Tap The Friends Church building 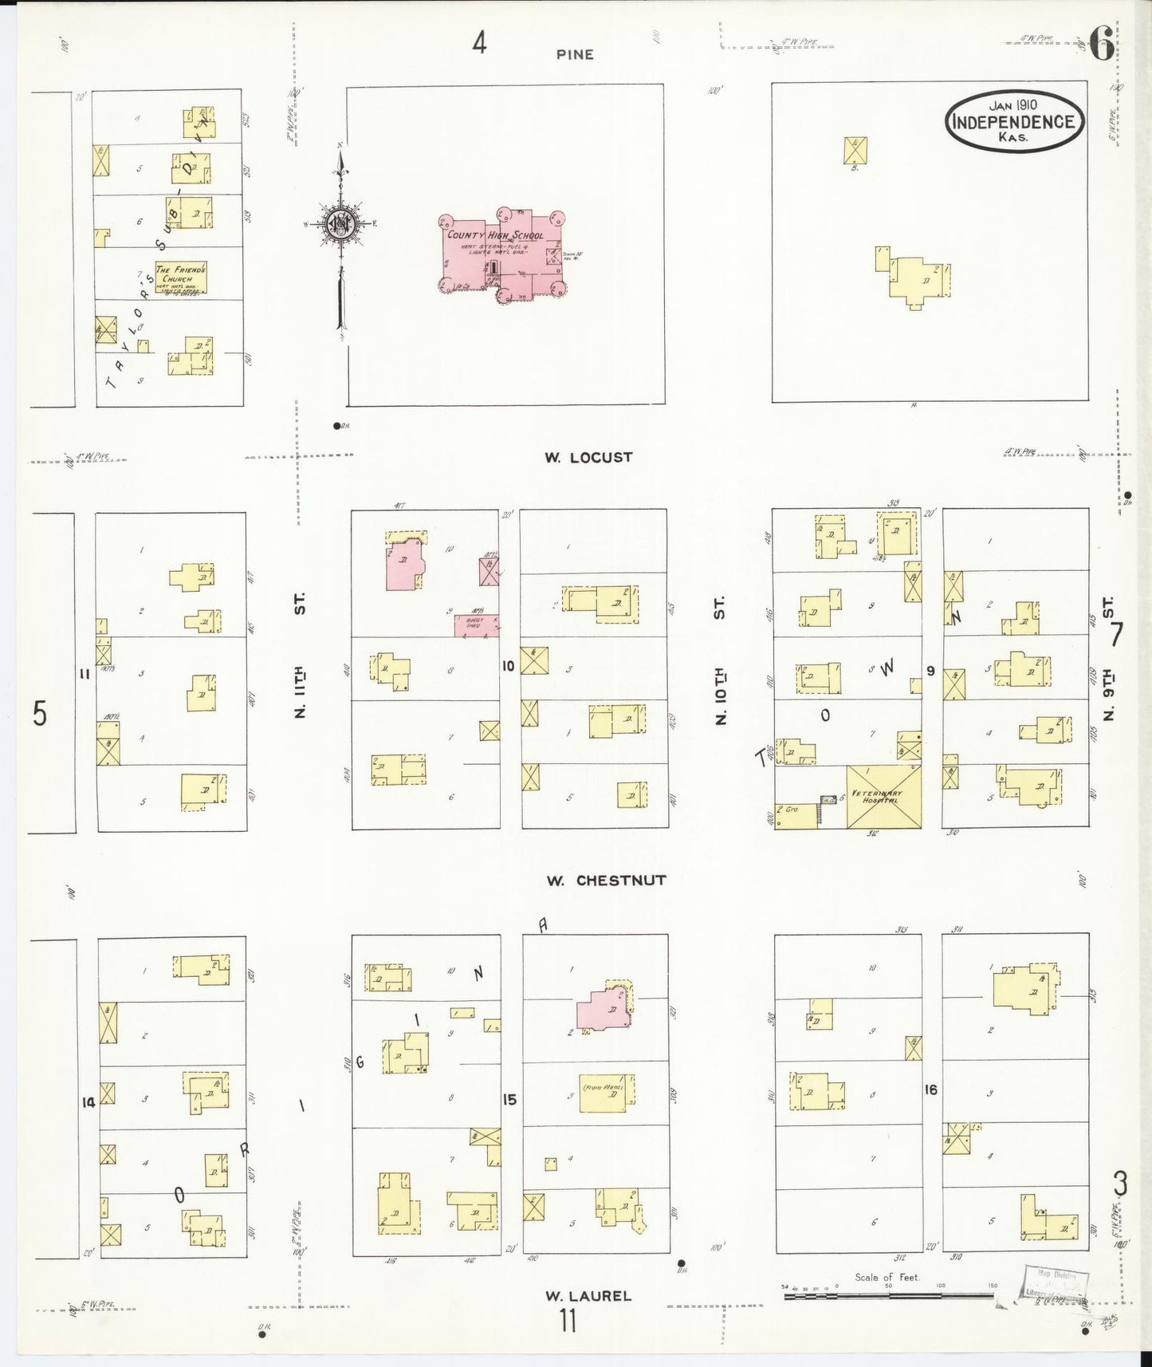181,278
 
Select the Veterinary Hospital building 883,796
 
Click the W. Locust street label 588,458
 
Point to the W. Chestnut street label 606,880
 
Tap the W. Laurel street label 588,1296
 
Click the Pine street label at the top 575,54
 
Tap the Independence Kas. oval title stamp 1015,121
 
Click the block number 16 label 930,1089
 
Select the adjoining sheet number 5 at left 40,713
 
